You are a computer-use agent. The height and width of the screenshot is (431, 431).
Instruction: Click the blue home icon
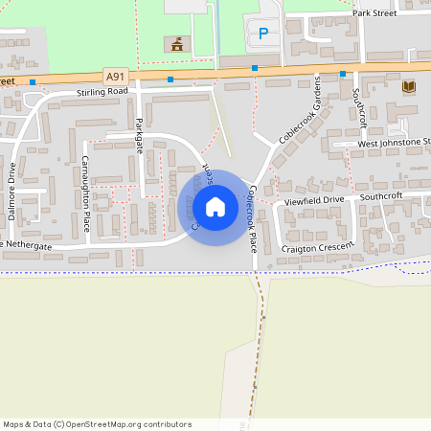[215, 207]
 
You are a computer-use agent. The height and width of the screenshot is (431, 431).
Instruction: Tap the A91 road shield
[115, 76]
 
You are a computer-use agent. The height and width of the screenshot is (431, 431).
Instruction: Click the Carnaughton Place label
[85, 193]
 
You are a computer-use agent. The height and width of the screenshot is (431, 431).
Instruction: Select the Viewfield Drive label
[312, 200]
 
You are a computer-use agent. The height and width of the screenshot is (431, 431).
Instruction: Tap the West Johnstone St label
[393, 143]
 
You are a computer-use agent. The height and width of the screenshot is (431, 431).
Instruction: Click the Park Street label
[374, 14]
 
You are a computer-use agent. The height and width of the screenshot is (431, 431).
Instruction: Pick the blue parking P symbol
[263, 34]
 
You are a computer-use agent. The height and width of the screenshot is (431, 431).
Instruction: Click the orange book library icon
[409, 86]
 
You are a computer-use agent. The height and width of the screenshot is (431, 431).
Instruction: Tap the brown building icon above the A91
[176, 44]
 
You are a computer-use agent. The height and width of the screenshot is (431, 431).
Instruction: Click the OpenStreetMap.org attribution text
[125, 424]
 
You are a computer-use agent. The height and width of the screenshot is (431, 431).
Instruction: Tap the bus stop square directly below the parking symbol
[255, 68]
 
